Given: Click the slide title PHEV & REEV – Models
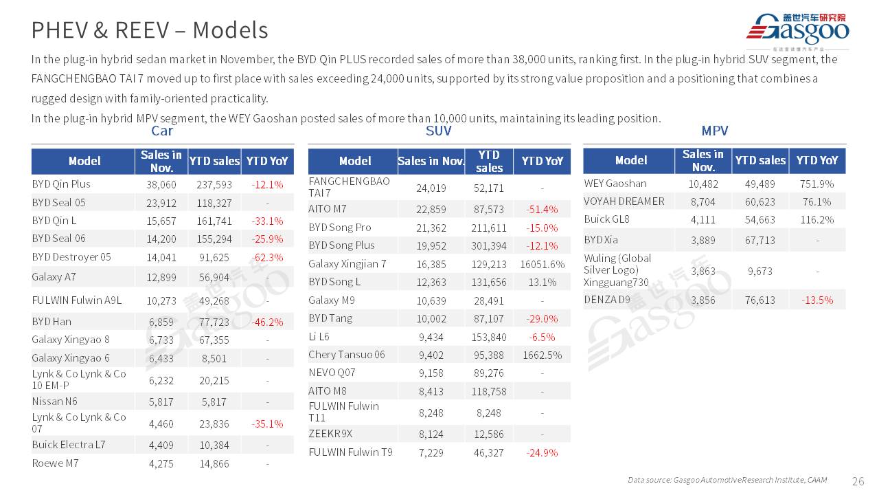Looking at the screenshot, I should [150, 30].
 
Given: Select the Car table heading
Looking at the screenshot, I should [162, 131].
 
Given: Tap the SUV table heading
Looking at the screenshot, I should [439, 131].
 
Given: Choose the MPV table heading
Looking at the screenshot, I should [714, 131].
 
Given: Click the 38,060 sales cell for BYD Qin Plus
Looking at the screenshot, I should [161, 185].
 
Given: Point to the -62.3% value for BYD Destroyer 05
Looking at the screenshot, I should [267, 258].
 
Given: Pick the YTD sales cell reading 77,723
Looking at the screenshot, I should [214, 322].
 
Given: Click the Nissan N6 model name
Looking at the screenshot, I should [54, 401].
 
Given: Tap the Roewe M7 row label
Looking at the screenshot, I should [55, 463].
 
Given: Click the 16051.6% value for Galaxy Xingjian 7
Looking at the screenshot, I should [542, 264].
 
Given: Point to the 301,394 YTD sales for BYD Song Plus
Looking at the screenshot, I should [489, 246].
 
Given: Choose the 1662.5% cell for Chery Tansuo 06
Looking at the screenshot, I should [542, 355].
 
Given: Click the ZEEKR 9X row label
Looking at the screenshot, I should [330, 434].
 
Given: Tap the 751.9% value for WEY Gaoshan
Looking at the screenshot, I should [817, 184].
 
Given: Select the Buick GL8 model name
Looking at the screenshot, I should [606, 219].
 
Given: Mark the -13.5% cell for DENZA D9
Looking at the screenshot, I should [817, 300].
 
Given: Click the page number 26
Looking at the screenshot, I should [858, 481].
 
